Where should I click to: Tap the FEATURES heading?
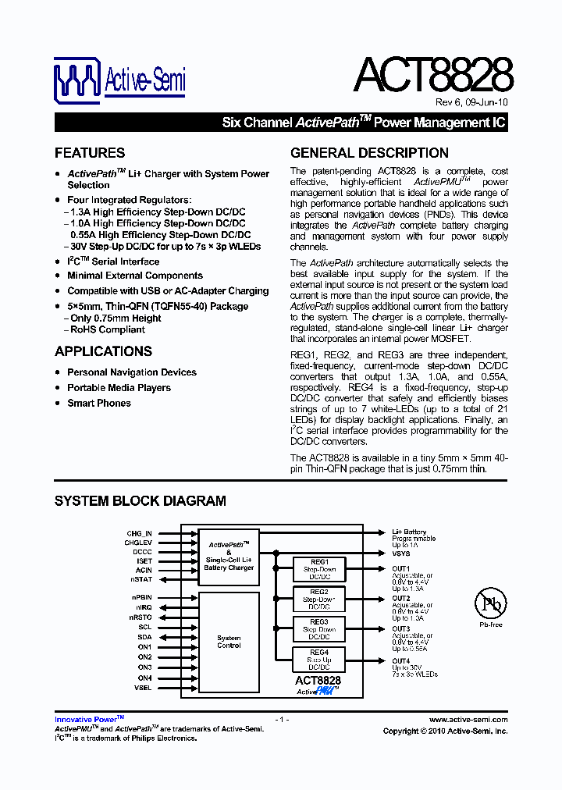[x=90, y=153]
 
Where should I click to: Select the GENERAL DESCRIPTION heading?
[x=369, y=153]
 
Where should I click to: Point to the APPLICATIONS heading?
[x=103, y=351]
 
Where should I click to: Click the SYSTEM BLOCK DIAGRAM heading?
[x=140, y=501]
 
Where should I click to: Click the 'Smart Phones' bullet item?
[x=99, y=403]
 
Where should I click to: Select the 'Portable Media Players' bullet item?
[x=119, y=388]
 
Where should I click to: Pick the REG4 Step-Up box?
[x=318, y=660]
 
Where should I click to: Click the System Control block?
[x=229, y=642]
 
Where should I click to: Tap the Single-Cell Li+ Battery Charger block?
[x=229, y=557]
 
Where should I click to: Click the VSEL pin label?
[x=142, y=688]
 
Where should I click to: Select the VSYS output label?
[x=400, y=553]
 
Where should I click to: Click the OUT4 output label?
[x=400, y=661]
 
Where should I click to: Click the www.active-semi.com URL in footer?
[x=468, y=720]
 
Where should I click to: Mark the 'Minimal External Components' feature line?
[x=135, y=276]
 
